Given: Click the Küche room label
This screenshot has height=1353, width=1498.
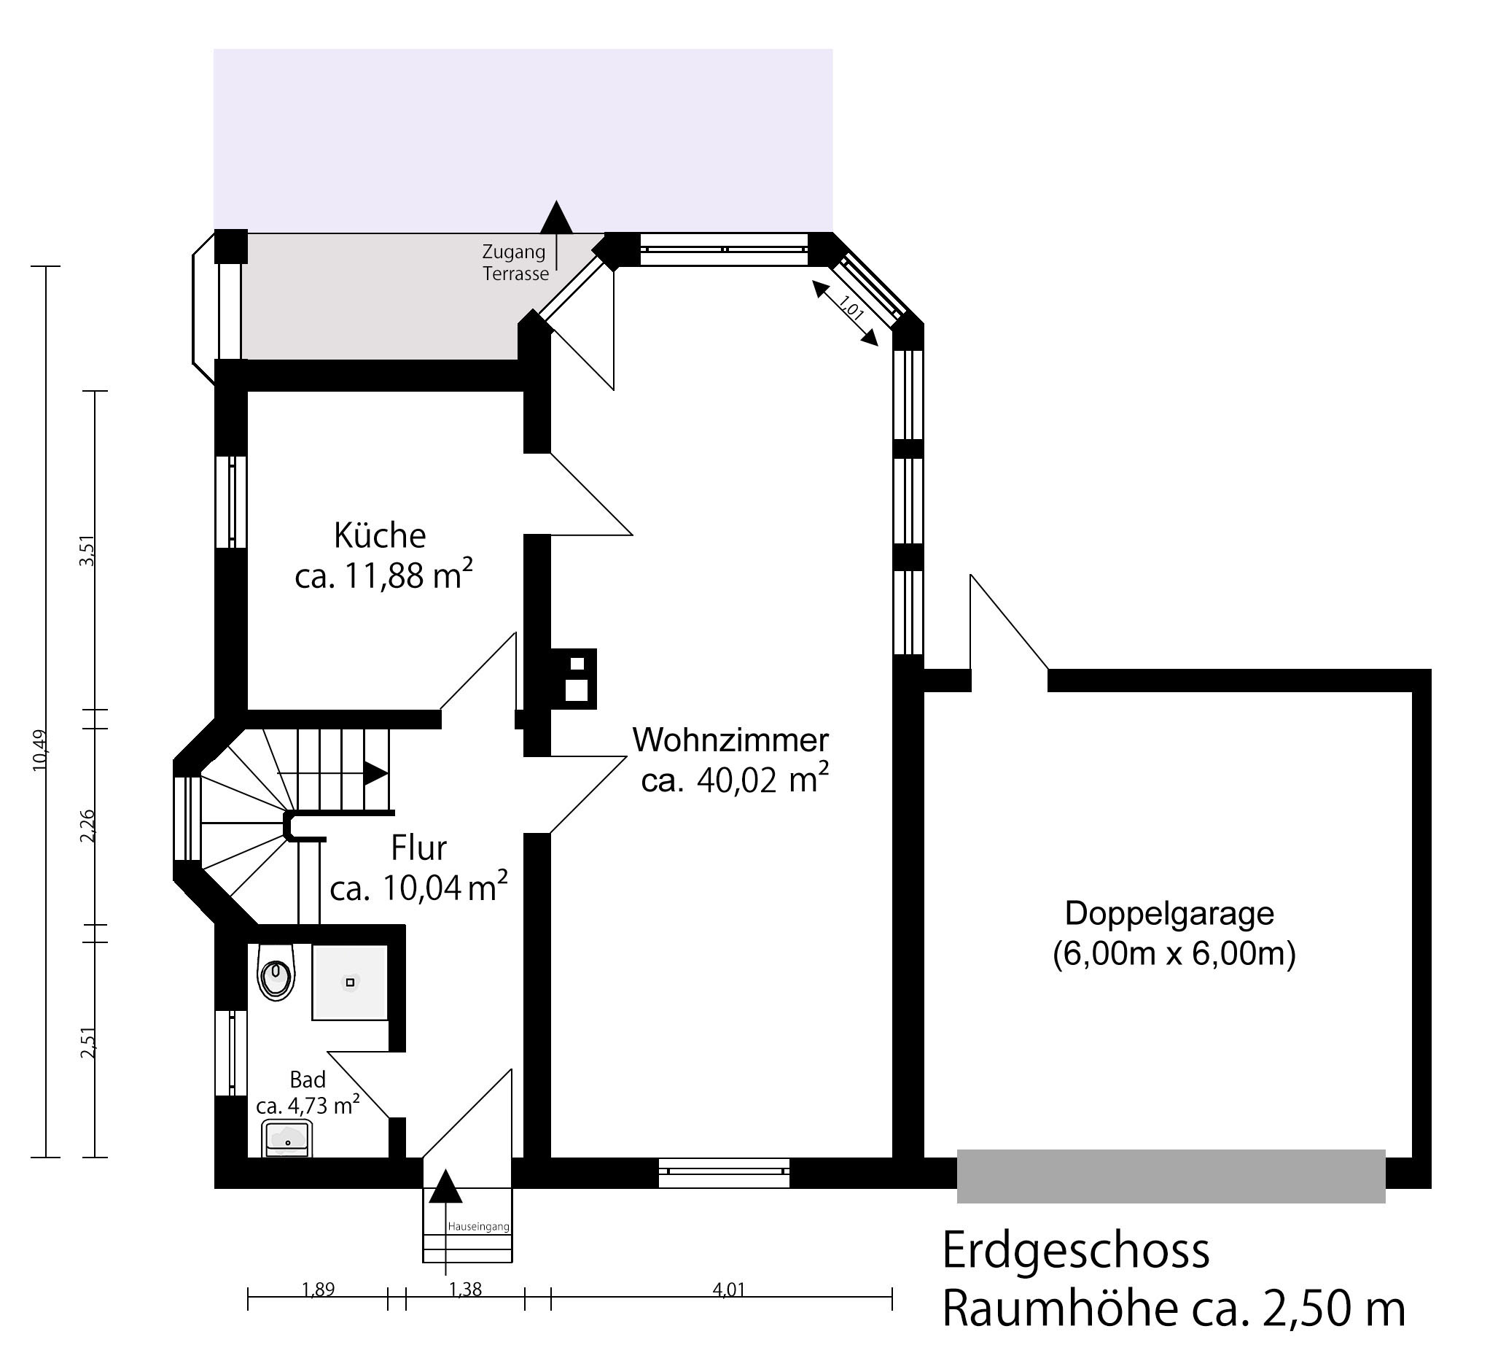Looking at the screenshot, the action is (x=380, y=535).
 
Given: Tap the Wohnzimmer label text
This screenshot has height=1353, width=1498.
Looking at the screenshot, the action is (x=730, y=740).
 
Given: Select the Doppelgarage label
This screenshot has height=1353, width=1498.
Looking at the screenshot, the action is (x=1169, y=914).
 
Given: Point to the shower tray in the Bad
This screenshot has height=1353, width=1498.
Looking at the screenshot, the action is (x=350, y=982).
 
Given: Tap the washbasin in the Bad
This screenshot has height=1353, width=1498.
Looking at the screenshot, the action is (x=286, y=1139).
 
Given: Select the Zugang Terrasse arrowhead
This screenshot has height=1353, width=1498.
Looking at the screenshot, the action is (x=555, y=217).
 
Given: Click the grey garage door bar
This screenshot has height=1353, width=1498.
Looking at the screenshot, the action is (x=1171, y=1176).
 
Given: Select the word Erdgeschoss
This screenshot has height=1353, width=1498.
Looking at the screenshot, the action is (x=1076, y=1250).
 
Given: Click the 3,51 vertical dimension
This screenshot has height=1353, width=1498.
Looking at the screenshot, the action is (x=87, y=551).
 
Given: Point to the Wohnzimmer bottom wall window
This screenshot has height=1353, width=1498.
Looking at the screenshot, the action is (x=725, y=1172).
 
